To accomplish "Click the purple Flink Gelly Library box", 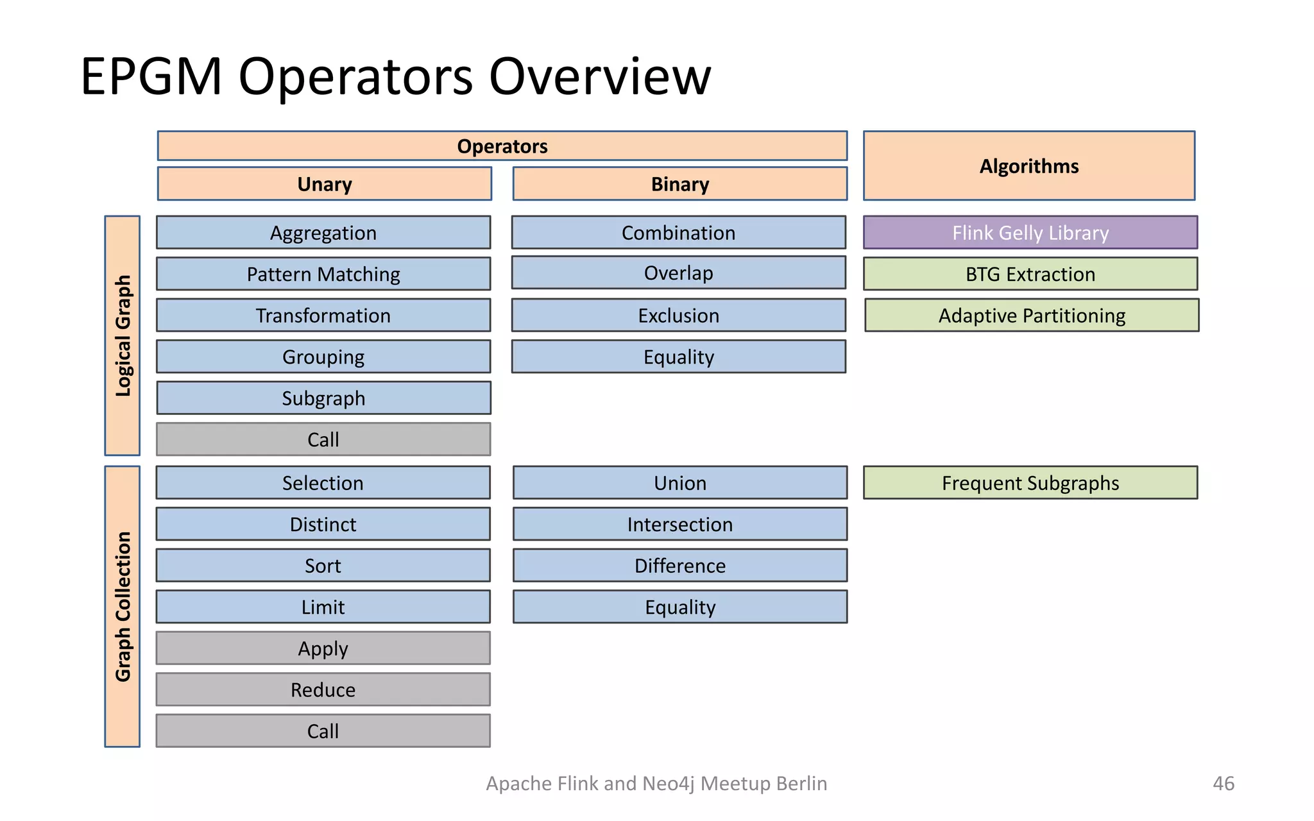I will click(1030, 233).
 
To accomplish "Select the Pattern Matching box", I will click(323, 274).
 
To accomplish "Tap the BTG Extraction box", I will click(1030, 274).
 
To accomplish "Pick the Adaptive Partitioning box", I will click(1031, 316).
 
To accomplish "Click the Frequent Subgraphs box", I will click(1030, 483).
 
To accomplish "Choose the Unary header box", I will click(325, 184).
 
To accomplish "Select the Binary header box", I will click(679, 184).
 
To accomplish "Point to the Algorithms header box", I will click(1028, 166).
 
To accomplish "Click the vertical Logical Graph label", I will click(123, 335).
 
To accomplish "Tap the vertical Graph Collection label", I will click(123, 606).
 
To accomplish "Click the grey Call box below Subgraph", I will click(323, 439).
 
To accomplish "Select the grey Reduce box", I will click(323, 690).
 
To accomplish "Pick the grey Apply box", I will click(323, 648).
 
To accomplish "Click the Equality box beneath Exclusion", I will click(678, 357).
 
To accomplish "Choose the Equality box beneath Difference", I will click(679, 607).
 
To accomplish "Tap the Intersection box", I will click(679, 524).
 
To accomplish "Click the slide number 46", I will click(1223, 783).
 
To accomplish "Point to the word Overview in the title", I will click(599, 77).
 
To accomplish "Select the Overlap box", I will click(678, 273).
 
